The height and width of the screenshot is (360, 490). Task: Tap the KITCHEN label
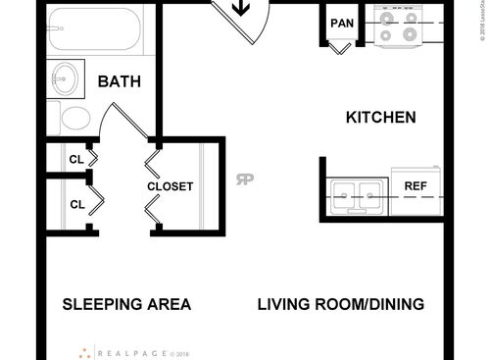click(381, 117)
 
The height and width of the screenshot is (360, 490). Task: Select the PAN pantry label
click(342, 23)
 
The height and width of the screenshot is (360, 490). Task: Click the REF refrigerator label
click(416, 185)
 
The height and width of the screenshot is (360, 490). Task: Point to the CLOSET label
click(171, 186)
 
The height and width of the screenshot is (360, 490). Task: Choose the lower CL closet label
click(75, 204)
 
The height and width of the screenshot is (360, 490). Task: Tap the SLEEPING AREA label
click(126, 304)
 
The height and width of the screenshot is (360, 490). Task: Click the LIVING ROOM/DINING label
click(341, 304)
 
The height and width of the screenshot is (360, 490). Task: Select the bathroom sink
click(67, 79)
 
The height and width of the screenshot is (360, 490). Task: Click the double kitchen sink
click(357, 194)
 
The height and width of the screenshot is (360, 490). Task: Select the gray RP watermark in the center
click(245, 179)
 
